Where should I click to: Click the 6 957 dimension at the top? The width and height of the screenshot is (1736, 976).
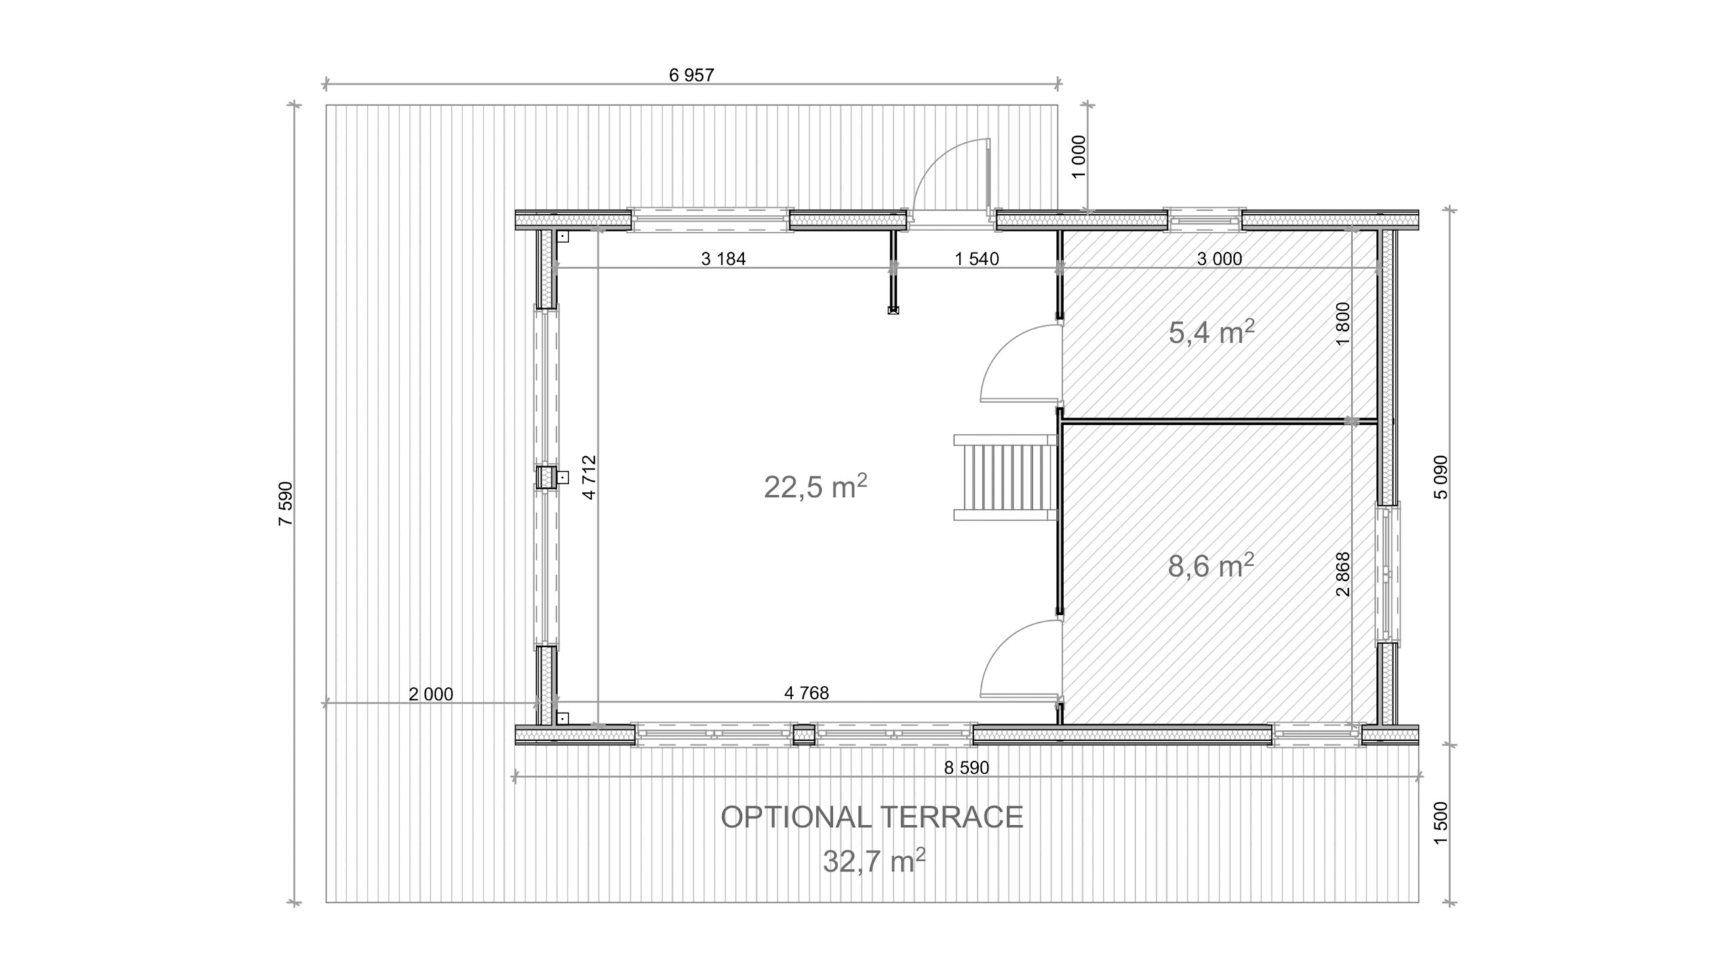pos(692,75)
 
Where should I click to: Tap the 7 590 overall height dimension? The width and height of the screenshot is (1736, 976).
pos(285,504)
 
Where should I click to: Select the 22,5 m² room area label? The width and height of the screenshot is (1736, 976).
pos(816,486)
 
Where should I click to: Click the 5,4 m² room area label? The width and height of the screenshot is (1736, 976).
pos(1211,332)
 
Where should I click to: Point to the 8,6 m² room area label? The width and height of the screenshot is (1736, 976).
pos(1210,565)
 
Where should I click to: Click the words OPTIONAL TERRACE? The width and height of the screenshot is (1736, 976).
pos(871,817)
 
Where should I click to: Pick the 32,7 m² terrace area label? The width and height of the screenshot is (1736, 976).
pos(874,861)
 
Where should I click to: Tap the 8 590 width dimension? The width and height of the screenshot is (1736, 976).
pos(966,768)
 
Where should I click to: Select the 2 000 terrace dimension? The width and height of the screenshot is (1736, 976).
pos(431,694)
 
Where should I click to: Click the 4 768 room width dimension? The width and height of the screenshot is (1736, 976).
pos(806,693)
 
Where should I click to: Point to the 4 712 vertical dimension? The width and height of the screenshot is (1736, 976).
pos(589,477)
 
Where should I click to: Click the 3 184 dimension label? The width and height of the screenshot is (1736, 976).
pos(723,259)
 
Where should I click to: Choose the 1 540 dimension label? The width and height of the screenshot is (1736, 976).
pos(976,258)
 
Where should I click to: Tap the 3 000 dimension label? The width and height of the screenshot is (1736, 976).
pos(1219,258)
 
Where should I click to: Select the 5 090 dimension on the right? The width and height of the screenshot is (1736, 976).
pos(1440,477)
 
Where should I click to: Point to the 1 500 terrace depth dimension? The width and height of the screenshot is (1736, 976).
pos(1440,823)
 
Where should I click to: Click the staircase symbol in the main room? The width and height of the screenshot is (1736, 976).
pos(1006,477)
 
